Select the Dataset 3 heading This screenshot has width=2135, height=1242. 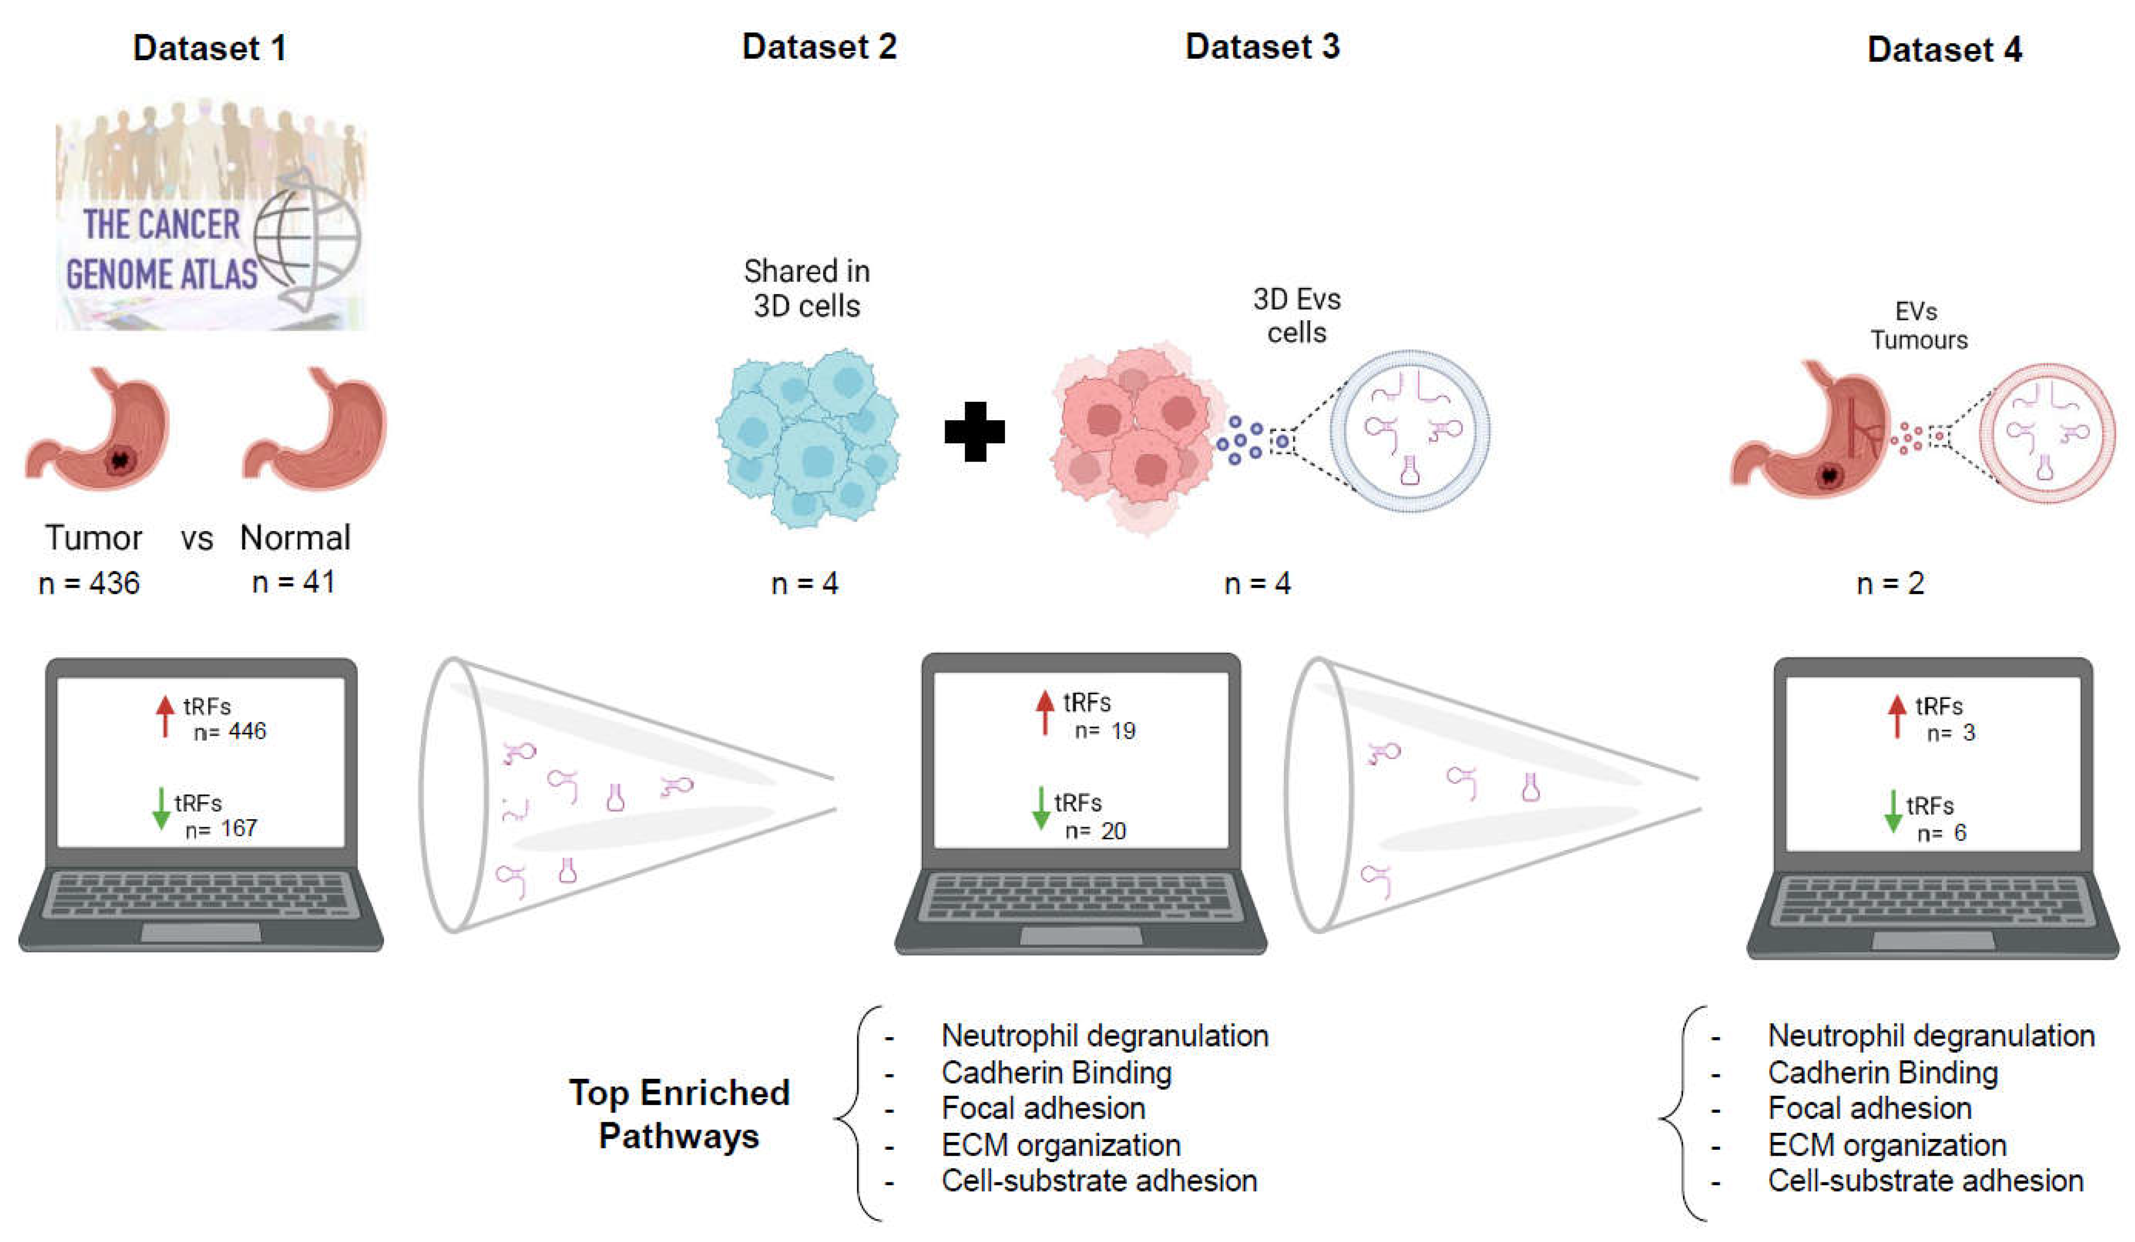click(x=1262, y=47)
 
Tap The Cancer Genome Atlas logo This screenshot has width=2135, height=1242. click(x=210, y=216)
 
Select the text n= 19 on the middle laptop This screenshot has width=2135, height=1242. click(x=1105, y=730)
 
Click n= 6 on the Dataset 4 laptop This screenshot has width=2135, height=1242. click(x=1942, y=833)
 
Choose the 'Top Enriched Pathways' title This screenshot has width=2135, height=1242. click(x=680, y=1113)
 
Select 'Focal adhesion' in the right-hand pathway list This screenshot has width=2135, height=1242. click(x=1870, y=1108)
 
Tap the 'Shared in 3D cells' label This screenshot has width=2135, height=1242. click(x=806, y=288)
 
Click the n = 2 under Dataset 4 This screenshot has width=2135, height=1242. click(x=1890, y=583)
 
